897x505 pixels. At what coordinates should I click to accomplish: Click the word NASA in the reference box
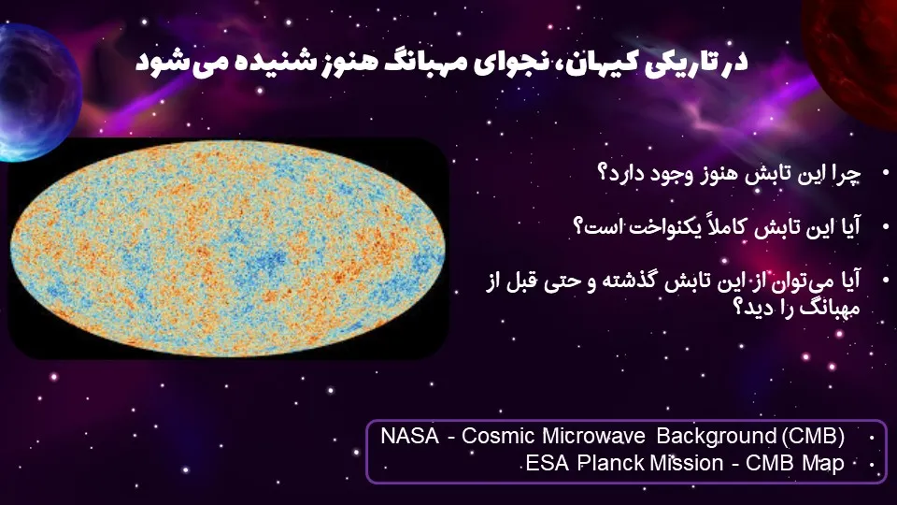pos(409,437)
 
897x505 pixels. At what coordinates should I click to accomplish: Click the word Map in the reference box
pos(823,463)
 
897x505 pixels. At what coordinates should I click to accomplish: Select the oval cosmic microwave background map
pos(228,249)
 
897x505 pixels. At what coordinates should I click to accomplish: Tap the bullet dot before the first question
pos(886,172)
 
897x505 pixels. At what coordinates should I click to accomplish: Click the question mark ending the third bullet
pos(738,308)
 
